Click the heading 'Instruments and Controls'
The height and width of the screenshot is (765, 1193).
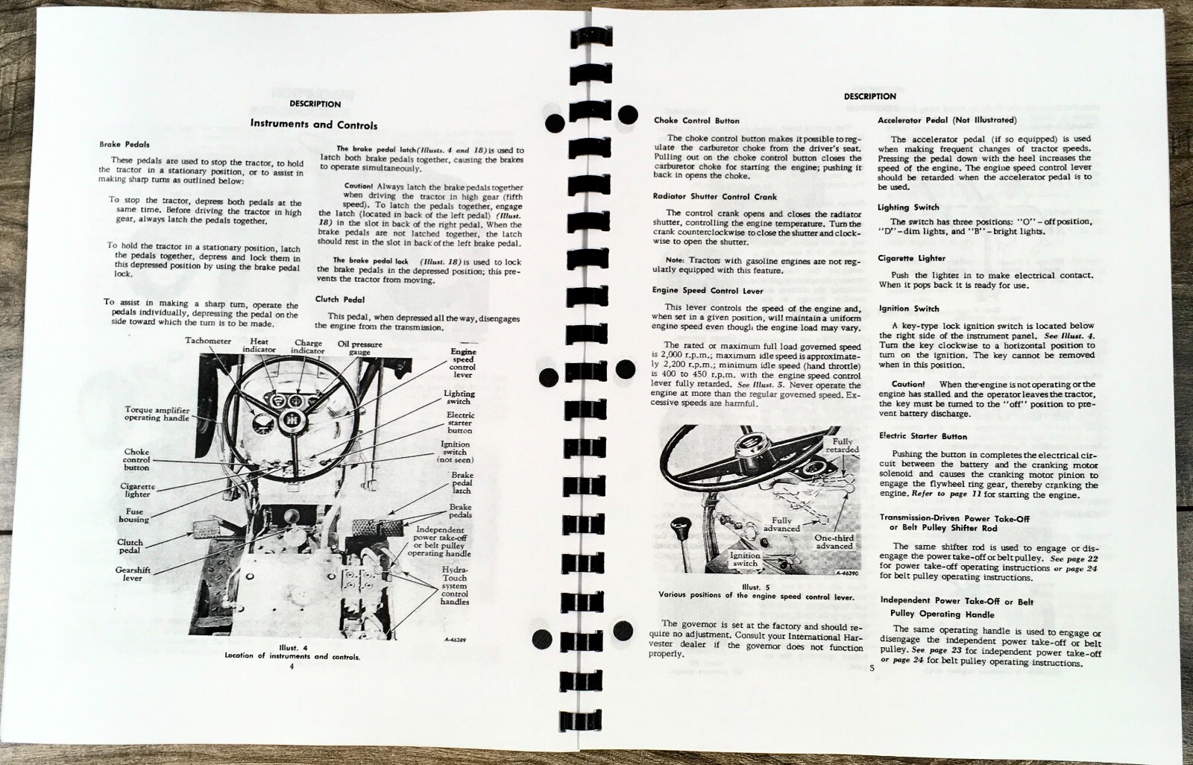(x=314, y=125)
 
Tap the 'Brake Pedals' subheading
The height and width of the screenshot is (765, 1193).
(x=125, y=145)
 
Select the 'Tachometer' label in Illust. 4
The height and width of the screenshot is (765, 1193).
(x=208, y=341)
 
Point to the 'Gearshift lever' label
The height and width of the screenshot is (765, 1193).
(x=133, y=574)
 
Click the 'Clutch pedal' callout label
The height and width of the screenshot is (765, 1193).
(x=130, y=546)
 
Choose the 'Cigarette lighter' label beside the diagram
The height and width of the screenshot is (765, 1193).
(x=137, y=490)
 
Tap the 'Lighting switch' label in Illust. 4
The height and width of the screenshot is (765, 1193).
(x=459, y=397)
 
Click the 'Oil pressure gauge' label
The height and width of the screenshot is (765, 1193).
(x=359, y=348)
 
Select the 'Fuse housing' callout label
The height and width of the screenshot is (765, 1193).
(x=133, y=515)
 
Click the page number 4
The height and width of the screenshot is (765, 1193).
(x=292, y=667)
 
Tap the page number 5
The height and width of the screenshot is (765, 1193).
(x=872, y=667)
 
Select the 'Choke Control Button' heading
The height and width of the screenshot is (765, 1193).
(x=696, y=121)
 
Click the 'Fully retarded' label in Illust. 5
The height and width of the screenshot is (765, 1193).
(x=842, y=445)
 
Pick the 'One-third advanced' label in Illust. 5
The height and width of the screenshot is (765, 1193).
(x=834, y=542)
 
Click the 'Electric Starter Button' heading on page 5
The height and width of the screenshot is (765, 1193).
(x=923, y=436)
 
